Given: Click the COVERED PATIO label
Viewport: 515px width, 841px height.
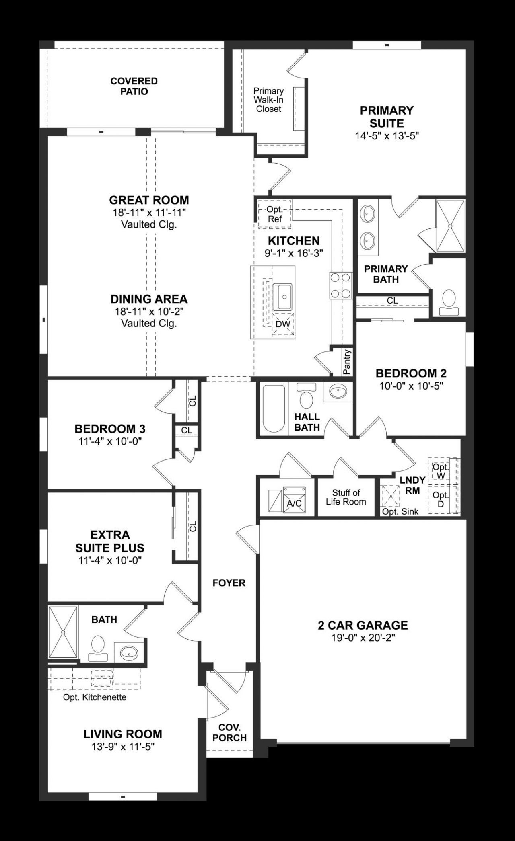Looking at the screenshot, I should click(134, 86).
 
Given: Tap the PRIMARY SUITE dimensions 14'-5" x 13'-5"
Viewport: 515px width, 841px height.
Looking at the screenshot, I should click(387, 136).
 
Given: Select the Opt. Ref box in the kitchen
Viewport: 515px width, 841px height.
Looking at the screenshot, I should click(274, 214).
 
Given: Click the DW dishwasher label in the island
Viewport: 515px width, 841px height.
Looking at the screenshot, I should click(283, 324).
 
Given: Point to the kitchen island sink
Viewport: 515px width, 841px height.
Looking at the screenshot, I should click(284, 297).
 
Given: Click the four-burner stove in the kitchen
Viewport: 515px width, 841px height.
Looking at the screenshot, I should click(340, 285).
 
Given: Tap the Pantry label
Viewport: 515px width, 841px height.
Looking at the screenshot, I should click(347, 362).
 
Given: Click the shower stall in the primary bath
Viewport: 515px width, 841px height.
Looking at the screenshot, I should click(450, 226).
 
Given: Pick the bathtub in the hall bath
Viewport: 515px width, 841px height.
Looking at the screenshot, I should click(274, 408).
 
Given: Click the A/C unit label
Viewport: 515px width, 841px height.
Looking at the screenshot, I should click(294, 503).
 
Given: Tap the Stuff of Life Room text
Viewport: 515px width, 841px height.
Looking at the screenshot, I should click(346, 497).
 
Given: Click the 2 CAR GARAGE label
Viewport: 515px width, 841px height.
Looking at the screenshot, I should click(363, 625).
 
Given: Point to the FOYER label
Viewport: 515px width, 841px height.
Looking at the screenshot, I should click(229, 583).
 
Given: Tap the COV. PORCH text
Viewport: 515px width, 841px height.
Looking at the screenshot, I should click(229, 733).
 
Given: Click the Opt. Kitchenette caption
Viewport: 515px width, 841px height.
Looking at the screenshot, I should click(95, 697).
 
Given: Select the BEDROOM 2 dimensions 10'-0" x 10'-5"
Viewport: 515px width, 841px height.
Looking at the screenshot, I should click(411, 386).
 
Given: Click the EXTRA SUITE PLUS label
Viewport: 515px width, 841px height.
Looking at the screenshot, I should click(110, 541).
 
